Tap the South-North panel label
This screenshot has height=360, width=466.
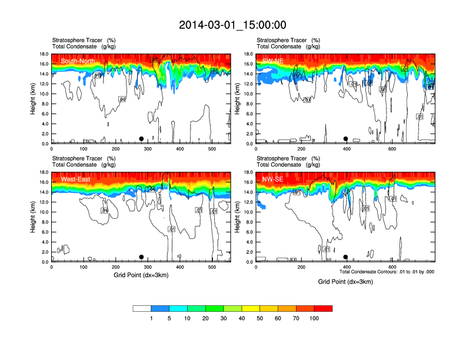77,61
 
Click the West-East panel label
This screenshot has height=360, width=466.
75,179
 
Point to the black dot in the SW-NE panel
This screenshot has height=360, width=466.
346,139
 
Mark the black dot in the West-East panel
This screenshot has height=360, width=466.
141,257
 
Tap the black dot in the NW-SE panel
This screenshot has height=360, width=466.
346,257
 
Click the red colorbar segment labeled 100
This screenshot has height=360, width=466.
323,308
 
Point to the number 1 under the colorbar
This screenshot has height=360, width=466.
151,318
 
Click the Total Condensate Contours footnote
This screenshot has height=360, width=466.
387,272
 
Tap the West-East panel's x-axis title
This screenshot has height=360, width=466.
141,275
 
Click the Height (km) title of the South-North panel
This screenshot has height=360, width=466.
33,99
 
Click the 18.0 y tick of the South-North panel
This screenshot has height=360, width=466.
44,54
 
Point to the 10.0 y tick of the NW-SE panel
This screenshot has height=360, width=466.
248,212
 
